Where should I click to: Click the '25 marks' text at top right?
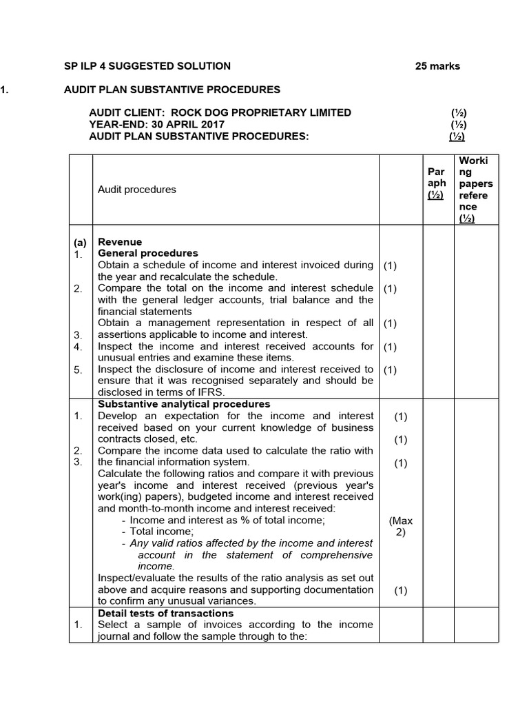click(x=437, y=67)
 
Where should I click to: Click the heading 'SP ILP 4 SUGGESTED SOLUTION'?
click(x=147, y=67)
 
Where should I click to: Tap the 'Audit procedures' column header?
click(x=136, y=190)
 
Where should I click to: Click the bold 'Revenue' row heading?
click(x=120, y=242)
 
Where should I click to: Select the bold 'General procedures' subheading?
click(x=147, y=253)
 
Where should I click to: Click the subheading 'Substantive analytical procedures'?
click(x=184, y=404)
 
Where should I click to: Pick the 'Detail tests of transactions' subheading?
click(x=165, y=613)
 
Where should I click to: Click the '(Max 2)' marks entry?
click(x=400, y=526)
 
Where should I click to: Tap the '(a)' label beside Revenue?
click(x=81, y=243)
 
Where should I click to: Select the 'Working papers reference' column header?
click(x=475, y=190)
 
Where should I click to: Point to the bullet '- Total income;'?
click(x=158, y=532)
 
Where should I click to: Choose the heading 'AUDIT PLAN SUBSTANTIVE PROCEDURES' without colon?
click(x=172, y=90)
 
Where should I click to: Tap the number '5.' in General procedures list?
click(x=79, y=370)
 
